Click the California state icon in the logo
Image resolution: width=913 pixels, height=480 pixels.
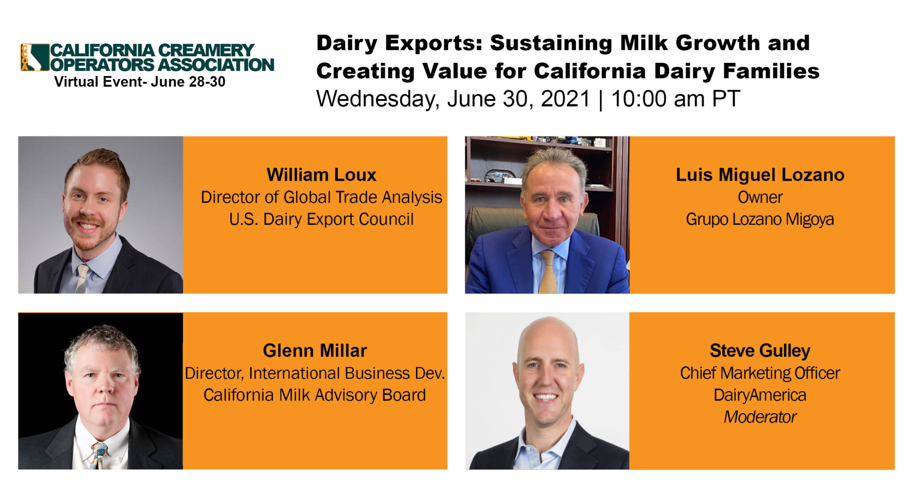(35, 57)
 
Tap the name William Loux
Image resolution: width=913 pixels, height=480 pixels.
(321, 175)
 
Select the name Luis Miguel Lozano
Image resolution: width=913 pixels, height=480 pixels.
(760, 175)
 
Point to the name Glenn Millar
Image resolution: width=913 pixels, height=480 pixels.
(315, 351)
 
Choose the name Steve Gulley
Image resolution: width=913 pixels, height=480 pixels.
(760, 351)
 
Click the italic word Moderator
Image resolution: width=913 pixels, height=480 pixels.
(760, 417)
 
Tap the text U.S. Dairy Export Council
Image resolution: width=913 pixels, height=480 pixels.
(321, 219)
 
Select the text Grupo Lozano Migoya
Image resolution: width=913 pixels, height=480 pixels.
(760, 219)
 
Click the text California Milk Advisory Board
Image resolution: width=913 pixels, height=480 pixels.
(315, 395)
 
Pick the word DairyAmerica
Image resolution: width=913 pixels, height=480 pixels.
(760, 395)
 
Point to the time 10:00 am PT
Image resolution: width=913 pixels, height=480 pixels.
(675, 99)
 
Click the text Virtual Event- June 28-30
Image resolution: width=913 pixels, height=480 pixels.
(140, 82)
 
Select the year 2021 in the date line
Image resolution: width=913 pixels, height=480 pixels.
(565, 99)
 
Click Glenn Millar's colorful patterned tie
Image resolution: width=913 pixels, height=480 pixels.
(99, 455)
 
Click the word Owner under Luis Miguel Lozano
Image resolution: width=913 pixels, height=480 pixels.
(760, 197)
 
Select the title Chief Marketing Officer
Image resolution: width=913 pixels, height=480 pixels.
(760, 373)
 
